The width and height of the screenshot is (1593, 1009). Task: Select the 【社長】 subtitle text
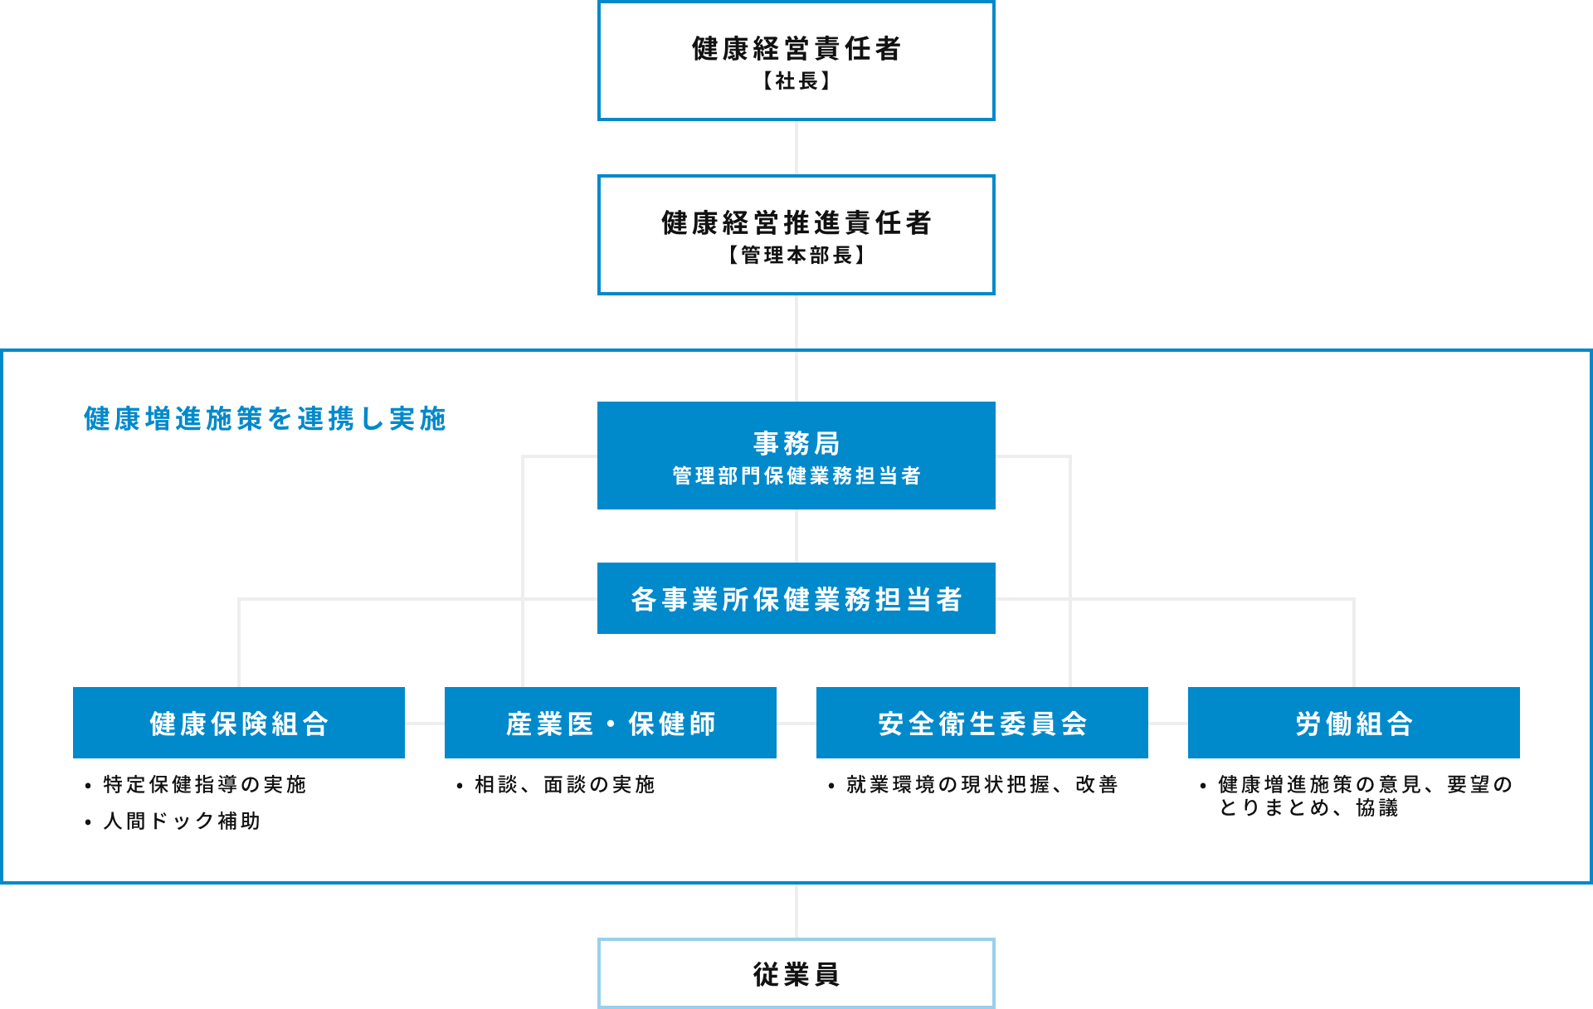click(x=796, y=81)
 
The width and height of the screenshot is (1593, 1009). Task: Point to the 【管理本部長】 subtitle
click(x=796, y=256)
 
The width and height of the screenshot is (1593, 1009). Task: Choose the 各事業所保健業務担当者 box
click(x=796, y=598)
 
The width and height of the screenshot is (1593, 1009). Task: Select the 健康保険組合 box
click(x=239, y=723)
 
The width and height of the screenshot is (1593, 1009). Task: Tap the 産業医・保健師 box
click(x=610, y=723)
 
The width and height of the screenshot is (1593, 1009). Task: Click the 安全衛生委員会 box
click(x=982, y=723)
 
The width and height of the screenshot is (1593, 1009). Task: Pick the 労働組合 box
click(x=1353, y=723)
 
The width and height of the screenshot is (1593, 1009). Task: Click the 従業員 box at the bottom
click(x=796, y=973)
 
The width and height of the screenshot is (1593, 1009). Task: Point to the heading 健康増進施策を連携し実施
click(x=265, y=419)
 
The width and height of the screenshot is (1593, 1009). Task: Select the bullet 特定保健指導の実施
click(x=204, y=784)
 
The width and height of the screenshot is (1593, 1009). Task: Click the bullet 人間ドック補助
click(x=181, y=821)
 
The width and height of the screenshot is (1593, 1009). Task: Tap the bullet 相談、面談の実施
click(x=564, y=784)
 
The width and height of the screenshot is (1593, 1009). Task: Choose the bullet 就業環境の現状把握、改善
click(x=982, y=784)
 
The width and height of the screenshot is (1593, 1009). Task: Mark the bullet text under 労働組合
click(x=1364, y=796)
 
